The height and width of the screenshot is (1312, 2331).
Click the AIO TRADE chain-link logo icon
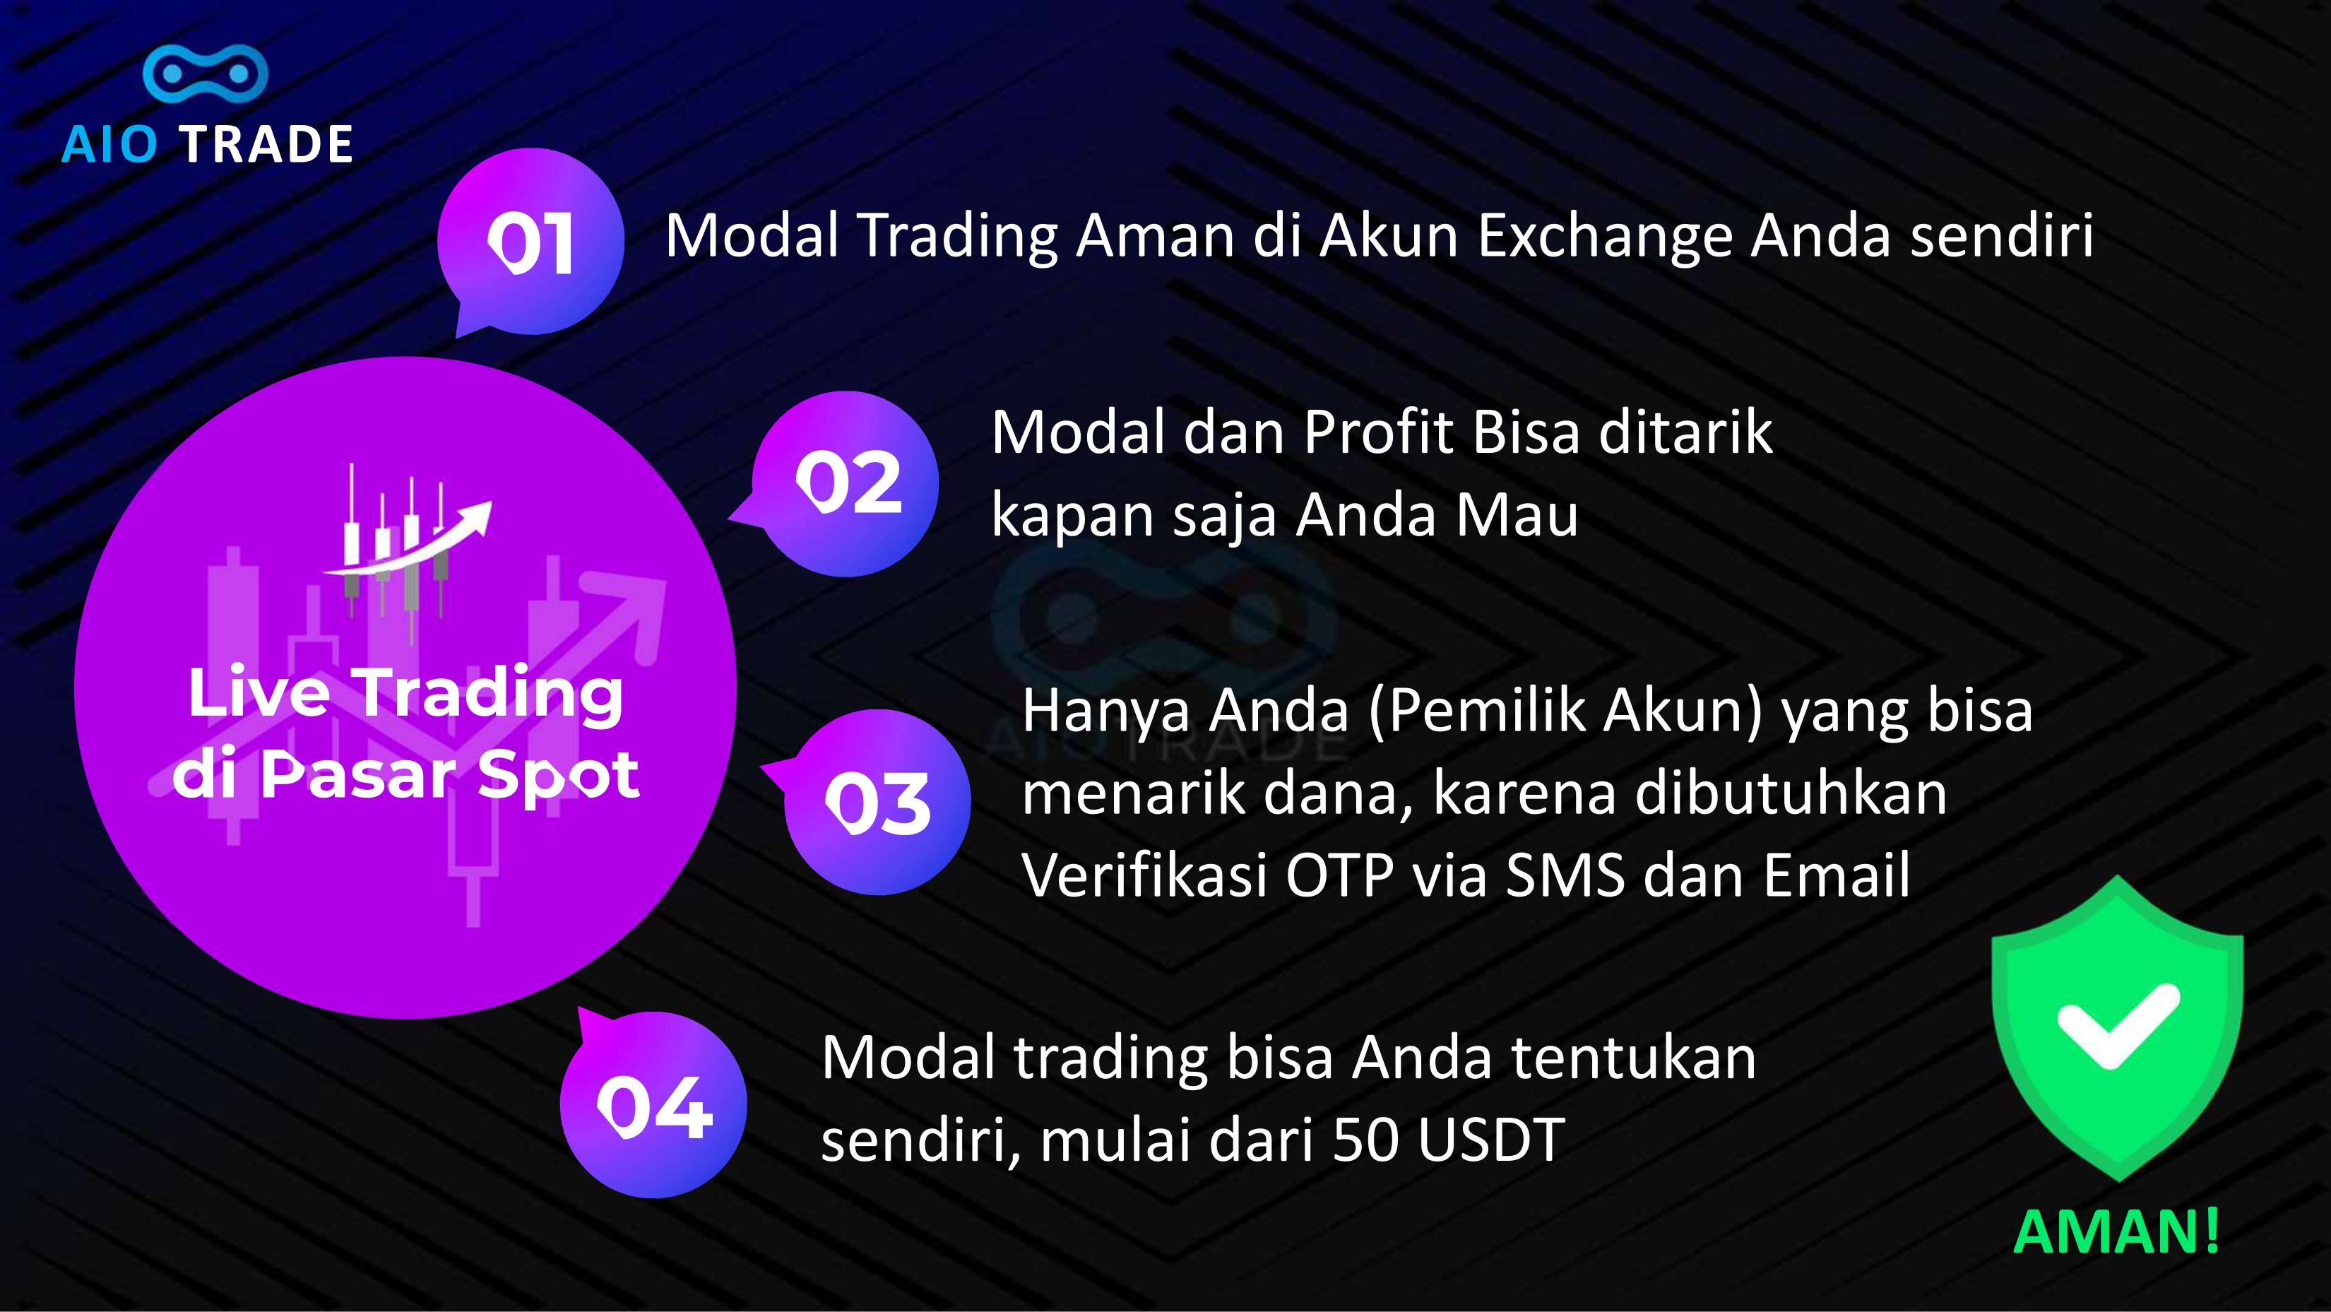[206, 72]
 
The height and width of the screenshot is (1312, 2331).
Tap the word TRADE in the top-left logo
[266, 145]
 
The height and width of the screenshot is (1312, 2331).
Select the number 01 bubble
[530, 242]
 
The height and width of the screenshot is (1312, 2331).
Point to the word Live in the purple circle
[259, 694]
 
